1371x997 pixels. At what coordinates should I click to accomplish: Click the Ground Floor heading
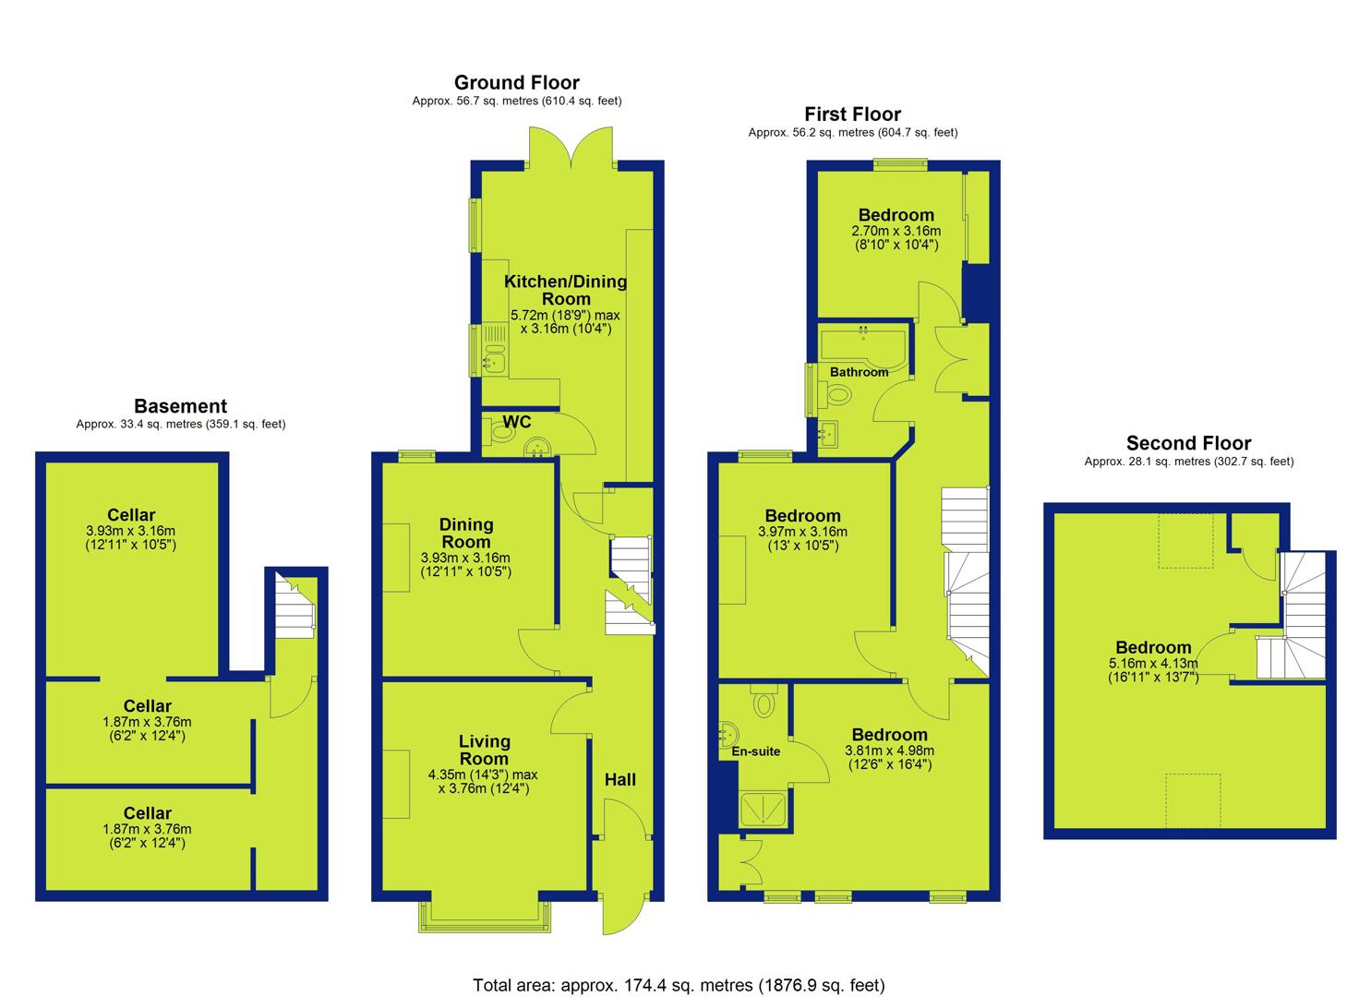pyautogui.click(x=517, y=83)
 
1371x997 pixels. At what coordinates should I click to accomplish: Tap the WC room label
pyautogui.click(x=517, y=422)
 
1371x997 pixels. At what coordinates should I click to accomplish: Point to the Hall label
pyautogui.click(x=620, y=779)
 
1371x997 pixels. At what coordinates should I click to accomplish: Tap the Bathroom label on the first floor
pyautogui.click(x=859, y=372)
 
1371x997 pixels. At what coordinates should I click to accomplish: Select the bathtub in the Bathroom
pyautogui.click(x=863, y=346)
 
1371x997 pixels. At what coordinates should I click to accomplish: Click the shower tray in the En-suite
pyautogui.click(x=763, y=809)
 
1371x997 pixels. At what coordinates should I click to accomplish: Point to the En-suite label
pyautogui.click(x=756, y=751)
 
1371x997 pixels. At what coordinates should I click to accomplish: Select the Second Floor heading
pyautogui.click(x=1188, y=443)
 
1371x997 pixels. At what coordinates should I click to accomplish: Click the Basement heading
pyautogui.click(x=181, y=406)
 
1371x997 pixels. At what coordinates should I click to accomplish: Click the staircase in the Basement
pyautogui.click(x=295, y=607)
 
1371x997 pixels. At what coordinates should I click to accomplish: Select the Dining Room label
pyautogui.click(x=466, y=533)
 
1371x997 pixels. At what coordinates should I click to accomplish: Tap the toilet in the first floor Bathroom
pyautogui.click(x=836, y=394)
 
